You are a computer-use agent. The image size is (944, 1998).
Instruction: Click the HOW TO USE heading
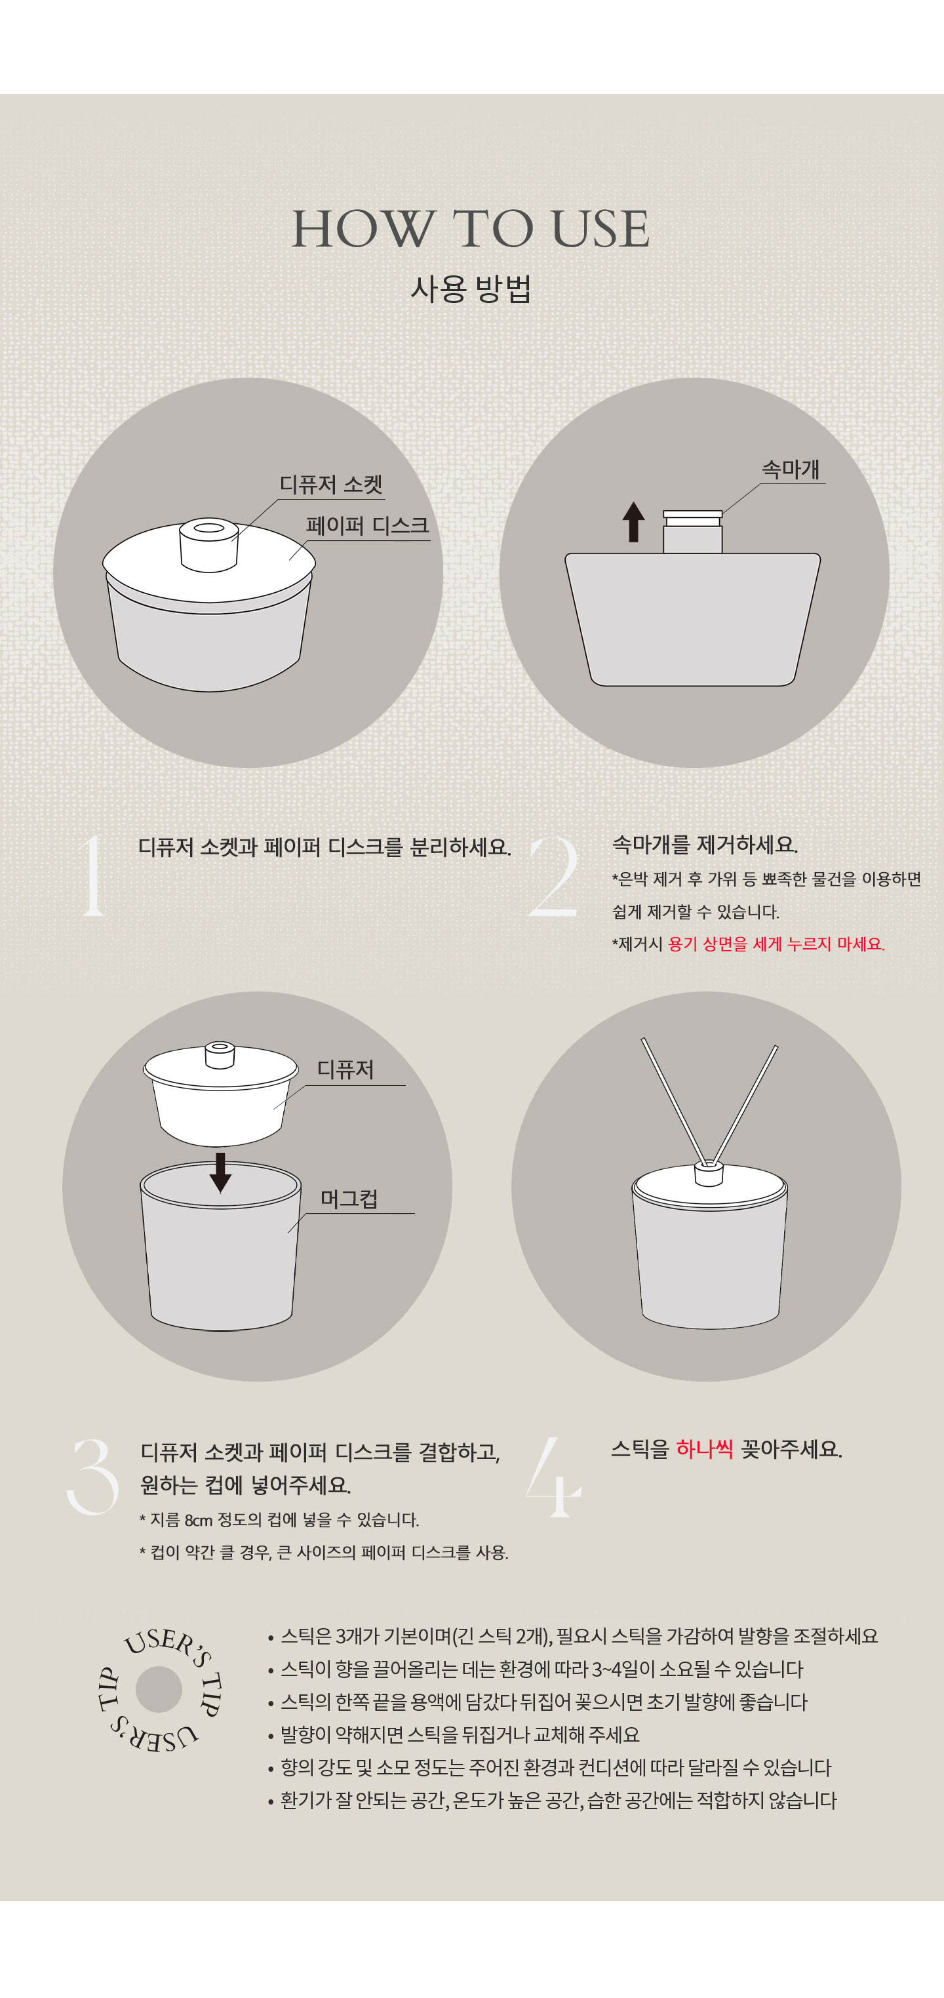pyautogui.click(x=470, y=229)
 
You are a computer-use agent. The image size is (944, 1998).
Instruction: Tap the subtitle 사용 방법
pyautogui.click(x=471, y=289)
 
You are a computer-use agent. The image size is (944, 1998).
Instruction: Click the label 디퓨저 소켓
pyautogui.click(x=331, y=485)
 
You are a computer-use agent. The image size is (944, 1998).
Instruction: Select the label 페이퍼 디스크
pyautogui.click(x=368, y=526)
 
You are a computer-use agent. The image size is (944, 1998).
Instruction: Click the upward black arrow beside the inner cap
pyautogui.click(x=634, y=521)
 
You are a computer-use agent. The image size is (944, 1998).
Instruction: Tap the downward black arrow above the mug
pyautogui.click(x=220, y=1172)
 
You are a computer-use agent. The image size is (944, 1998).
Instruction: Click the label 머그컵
pyautogui.click(x=349, y=1199)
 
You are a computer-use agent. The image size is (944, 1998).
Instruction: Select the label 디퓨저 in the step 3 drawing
pyautogui.click(x=345, y=1069)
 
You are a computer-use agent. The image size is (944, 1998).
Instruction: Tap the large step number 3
pyautogui.click(x=92, y=1476)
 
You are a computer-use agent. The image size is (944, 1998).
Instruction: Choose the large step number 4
pyautogui.click(x=553, y=1476)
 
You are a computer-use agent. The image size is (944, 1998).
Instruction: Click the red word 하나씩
pyautogui.click(x=704, y=1449)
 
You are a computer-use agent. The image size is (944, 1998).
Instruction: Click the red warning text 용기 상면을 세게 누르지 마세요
pyautogui.click(x=776, y=944)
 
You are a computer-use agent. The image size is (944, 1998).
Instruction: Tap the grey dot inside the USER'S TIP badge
pyautogui.click(x=159, y=1689)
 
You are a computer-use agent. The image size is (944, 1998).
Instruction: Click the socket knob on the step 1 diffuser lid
pyautogui.click(x=208, y=544)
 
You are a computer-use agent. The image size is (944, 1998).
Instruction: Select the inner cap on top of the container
pyautogui.click(x=693, y=531)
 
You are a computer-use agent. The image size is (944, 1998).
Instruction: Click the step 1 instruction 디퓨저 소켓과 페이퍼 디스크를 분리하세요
pyautogui.click(x=324, y=847)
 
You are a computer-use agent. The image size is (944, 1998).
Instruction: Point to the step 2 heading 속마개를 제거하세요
pyautogui.click(x=705, y=844)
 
